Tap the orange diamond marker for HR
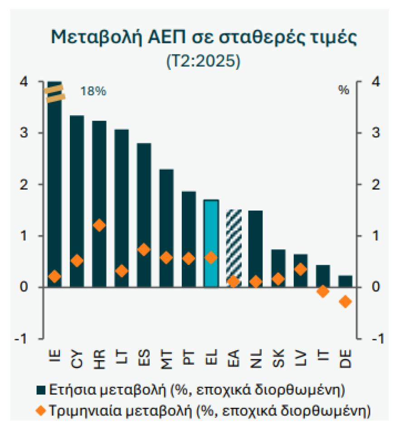(x=99, y=225)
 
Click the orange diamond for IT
(x=323, y=292)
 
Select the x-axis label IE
(x=54, y=354)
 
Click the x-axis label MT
(x=166, y=356)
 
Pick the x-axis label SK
(x=278, y=356)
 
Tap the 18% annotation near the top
(x=93, y=91)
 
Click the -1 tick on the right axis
(x=369, y=339)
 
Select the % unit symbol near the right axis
(x=344, y=90)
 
